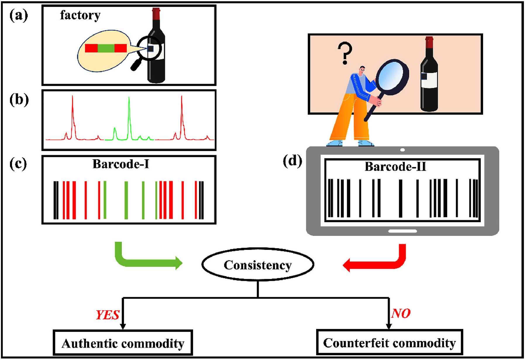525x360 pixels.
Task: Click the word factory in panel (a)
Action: pos(80,15)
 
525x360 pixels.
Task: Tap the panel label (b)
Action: pos(19,100)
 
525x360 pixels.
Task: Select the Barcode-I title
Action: pos(121,164)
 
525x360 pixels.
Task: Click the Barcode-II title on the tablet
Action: pos(395,167)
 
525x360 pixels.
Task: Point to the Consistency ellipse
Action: pos(258,265)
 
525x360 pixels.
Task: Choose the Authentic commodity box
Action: pos(123,343)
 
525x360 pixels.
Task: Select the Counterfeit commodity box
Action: pos(389,342)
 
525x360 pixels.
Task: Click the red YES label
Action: pos(108,315)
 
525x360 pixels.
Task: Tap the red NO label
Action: pos(401,313)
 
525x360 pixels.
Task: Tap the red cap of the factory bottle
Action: pos(156,13)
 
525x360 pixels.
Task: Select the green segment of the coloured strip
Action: pos(106,48)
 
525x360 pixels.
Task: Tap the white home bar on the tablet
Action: pos(402,231)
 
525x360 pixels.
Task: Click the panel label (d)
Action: pos(292,161)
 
